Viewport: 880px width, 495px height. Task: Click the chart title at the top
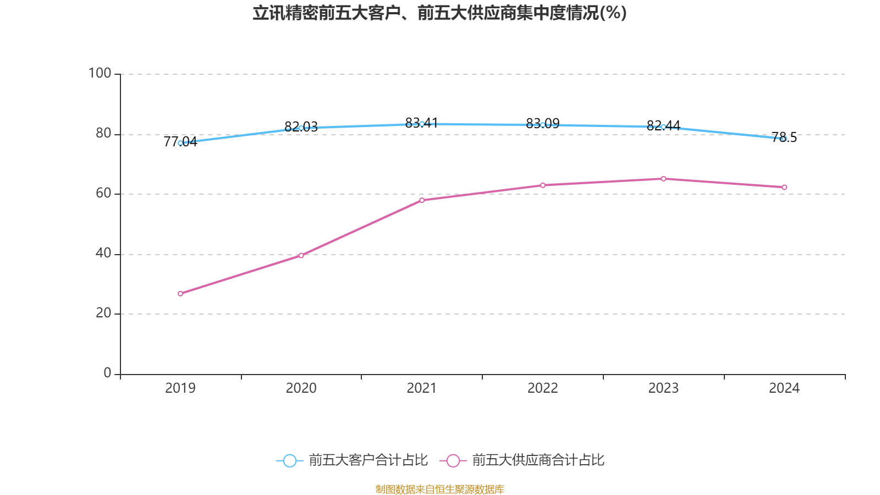point(439,13)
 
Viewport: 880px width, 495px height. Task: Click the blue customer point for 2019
point(180,143)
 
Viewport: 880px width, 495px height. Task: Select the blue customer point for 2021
point(422,124)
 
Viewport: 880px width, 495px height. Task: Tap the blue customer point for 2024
point(784,139)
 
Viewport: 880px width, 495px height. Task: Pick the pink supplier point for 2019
point(180,294)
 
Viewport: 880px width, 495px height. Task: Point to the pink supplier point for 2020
point(301,255)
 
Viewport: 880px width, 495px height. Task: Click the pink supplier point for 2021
point(422,200)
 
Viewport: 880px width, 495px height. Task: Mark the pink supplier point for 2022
point(543,185)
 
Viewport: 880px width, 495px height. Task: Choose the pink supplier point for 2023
point(663,179)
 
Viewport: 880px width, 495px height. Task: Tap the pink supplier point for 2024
point(784,188)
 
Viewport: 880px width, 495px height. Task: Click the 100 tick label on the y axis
point(100,73)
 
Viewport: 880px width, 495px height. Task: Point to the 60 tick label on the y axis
point(103,193)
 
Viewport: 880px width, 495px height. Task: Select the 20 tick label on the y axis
point(103,313)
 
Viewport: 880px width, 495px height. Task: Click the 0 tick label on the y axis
point(107,373)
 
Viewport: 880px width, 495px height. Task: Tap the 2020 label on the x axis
point(301,388)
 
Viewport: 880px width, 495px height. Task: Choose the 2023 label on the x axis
point(663,388)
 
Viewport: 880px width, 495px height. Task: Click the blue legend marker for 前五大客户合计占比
point(289,460)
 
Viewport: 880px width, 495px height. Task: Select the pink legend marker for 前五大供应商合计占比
point(453,460)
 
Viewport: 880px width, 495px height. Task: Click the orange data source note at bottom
point(439,489)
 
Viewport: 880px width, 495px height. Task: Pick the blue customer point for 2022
point(543,125)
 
